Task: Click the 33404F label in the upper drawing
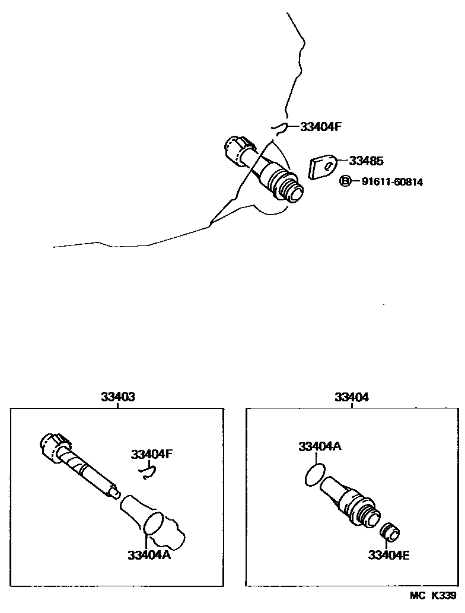pyautogui.click(x=322, y=126)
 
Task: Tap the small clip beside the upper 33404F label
pyautogui.click(x=279, y=127)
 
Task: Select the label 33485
pyautogui.click(x=366, y=161)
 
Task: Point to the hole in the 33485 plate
pyautogui.click(x=327, y=167)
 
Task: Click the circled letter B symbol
pyautogui.click(x=345, y=181)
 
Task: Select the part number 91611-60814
pyautogui.click(x=392, y=182)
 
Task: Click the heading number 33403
pyautogui.click(x=117, y=398)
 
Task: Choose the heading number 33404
pyautogui.click(x=351, y=398)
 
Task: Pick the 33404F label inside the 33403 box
pyautogui.click(x=151, y=454)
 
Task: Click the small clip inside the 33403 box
pyautogui.click(x=147, y=471)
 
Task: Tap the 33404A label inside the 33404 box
pyautogui.click(x=320, y=446)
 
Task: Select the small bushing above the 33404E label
pyautogui.click(x=390, y=532)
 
